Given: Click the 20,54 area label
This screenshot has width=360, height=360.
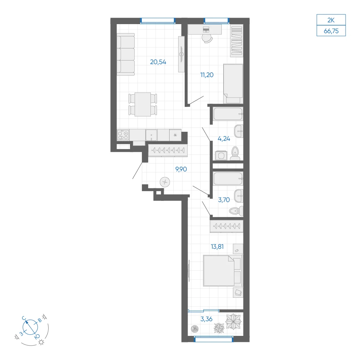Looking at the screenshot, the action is [158, 62].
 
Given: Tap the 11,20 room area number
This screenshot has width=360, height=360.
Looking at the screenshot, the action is [207, 75].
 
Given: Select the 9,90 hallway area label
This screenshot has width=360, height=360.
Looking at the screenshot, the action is [181, 170].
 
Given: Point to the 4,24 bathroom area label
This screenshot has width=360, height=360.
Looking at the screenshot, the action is [224, 139].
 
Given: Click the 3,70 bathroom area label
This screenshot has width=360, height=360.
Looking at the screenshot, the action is [224, 200].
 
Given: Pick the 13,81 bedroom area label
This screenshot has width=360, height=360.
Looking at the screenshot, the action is [217, 247].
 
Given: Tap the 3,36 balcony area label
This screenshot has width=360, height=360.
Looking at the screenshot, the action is [206, 319].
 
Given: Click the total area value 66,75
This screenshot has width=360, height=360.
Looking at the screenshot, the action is [331, 31].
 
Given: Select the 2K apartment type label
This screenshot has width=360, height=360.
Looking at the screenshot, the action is [331, 20].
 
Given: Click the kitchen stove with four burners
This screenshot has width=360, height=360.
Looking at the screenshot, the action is [123, 135].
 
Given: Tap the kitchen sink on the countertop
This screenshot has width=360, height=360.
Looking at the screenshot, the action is [152, 135].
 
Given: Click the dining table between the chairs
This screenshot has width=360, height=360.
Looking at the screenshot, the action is [143, 104].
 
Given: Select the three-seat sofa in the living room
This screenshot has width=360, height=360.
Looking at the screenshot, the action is [126, 54].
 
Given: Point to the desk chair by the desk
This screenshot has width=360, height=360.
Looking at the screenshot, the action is [207, 39].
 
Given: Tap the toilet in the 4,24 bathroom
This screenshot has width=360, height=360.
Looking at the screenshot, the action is [235, 153].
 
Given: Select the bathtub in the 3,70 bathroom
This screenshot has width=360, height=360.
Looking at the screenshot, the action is [228, 179].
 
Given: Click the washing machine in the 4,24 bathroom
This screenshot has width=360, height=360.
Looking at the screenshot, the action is [221, 156].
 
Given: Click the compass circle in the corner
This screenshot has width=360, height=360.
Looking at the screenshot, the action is [30, 327].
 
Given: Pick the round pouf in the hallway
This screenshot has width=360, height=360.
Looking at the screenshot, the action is [165, 182].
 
